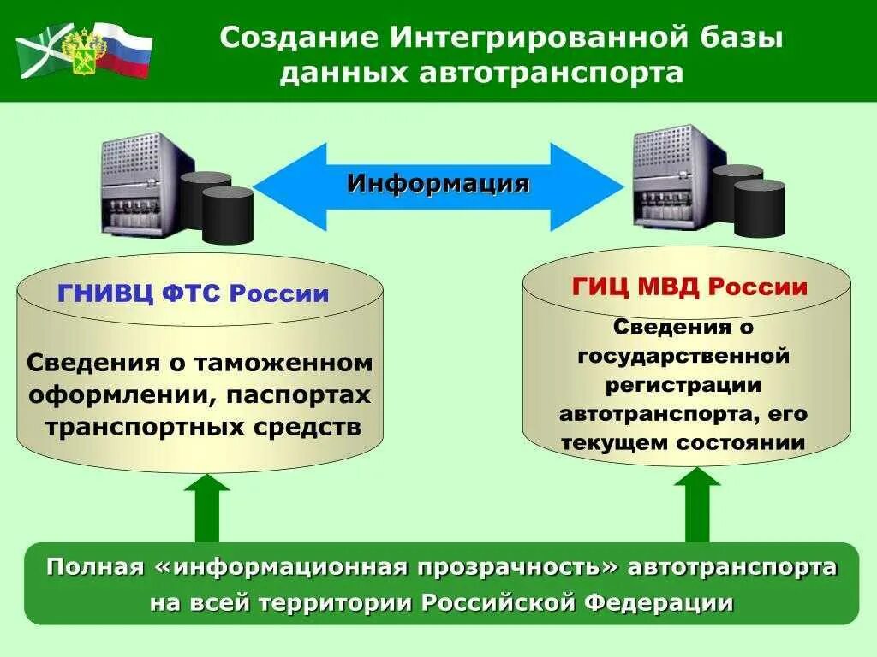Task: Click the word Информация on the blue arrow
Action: [438, 184]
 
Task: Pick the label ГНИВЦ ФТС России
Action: [194, 294]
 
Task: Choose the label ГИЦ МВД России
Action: [689, 287]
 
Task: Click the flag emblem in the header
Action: [84, 50]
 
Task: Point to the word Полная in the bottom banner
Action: [96, 567]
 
